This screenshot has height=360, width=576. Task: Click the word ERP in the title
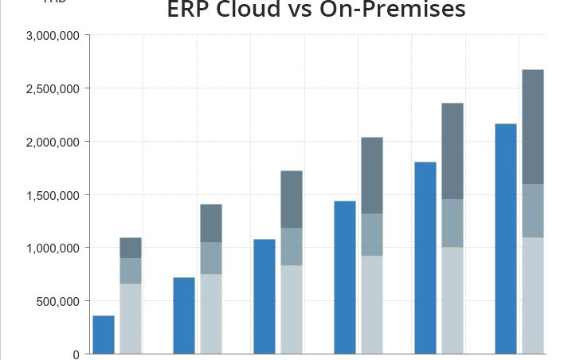coord(192,10)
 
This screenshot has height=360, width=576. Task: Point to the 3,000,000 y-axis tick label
coord(53,36)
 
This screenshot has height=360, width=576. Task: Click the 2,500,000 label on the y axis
coord(53,88)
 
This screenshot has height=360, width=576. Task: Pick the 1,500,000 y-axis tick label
coord(53,195)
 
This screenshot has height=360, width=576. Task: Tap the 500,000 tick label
coord(58,301)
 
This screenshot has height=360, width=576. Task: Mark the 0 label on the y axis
coord(76,354)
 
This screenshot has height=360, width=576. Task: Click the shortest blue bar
coord(104,335)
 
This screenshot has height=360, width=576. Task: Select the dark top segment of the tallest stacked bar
coord(533,127)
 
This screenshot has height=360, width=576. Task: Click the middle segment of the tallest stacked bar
coord(533,211)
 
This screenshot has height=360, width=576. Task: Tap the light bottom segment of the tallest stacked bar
coord(533,295)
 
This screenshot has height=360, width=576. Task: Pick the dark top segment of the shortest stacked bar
coord(131,248)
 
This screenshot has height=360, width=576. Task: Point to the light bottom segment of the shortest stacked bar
coord(131,319)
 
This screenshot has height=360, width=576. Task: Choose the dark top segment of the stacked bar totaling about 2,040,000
coord(372,175)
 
